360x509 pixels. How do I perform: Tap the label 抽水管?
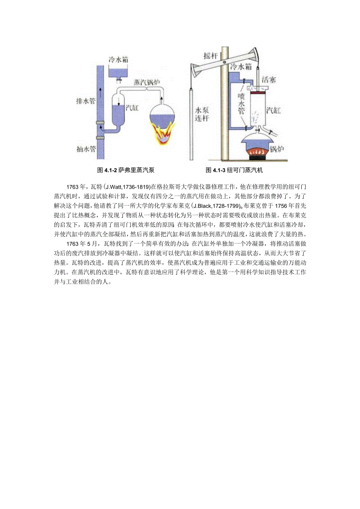click(86, 149)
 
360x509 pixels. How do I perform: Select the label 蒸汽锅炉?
click(147, 83)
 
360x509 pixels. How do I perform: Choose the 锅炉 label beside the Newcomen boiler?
click(279, 149)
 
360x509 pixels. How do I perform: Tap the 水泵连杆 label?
click(202, 114)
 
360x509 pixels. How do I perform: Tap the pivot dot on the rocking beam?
click(223, 62)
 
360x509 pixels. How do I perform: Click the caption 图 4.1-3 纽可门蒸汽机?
click(238, 170)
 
